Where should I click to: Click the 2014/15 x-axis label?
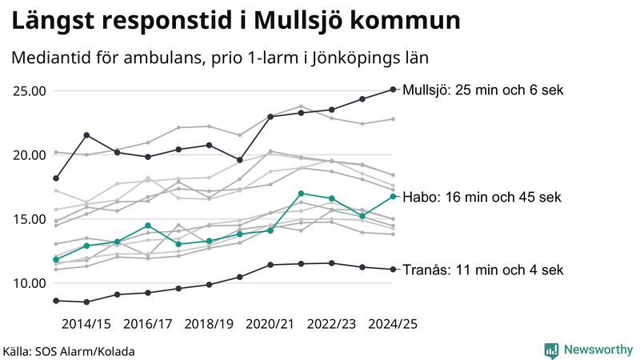[86, 323]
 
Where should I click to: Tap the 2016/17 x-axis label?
[147, 323]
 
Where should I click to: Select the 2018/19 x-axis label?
[209, 323]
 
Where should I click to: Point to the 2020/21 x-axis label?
[270, 323]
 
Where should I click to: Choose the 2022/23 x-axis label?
[332, 323]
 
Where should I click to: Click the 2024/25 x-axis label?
[393, 323]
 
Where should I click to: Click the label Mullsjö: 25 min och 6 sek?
[483, 90]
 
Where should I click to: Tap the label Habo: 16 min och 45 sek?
[482, 197]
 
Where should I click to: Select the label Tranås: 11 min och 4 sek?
[482, 270]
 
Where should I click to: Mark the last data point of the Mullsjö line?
[393, 90]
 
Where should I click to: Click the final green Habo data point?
[393, 196]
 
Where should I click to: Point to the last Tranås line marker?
[393, 270]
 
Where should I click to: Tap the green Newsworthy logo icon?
[551, 350]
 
